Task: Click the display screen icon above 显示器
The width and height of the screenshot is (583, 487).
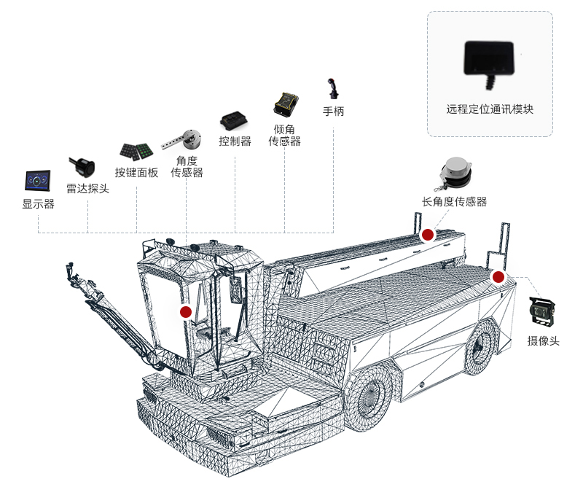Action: click(38, 181)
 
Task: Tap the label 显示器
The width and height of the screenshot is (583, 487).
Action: click(38, 204)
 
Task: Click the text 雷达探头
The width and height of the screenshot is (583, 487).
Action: click(87, 188)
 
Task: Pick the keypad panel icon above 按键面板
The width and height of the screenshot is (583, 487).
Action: click(136, 151)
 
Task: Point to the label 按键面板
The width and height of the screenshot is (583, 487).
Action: click(136, 173)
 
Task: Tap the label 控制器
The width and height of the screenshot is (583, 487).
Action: click(235, 141)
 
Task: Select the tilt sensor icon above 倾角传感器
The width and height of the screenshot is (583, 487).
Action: click(284, 104)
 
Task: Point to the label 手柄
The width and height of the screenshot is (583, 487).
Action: click(333, 112)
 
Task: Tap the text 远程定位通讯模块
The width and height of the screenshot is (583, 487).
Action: click(490, 109)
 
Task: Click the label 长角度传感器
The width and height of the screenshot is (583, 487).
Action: click(454, 202)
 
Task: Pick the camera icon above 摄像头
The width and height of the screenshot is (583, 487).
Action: click(543, 313)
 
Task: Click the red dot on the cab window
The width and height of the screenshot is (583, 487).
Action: click(186, 311)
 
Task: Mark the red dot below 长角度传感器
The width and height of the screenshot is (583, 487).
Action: click(428, 235)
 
